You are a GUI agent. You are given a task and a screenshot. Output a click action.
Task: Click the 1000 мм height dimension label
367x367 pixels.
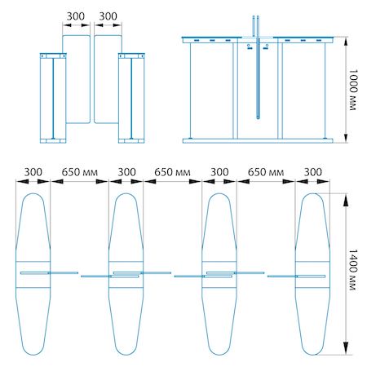pos(352,90)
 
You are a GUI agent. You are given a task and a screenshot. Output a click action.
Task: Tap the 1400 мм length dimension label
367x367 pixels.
pos(352,270)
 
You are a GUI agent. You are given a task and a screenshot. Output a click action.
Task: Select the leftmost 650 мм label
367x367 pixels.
pos(79,172)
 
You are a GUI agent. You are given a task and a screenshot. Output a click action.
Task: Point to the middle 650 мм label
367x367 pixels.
pos(172,172)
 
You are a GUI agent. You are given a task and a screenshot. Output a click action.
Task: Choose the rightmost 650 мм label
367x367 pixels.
pos(266,172)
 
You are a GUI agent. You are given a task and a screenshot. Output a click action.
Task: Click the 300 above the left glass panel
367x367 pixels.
pos(76,16)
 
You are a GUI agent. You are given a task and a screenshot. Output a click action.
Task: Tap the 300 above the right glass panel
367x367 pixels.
pos(108,16)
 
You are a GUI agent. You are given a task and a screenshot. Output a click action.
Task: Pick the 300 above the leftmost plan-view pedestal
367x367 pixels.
pos(33,172)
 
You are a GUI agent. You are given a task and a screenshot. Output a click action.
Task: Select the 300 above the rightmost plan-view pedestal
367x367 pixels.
pos(313,172)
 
